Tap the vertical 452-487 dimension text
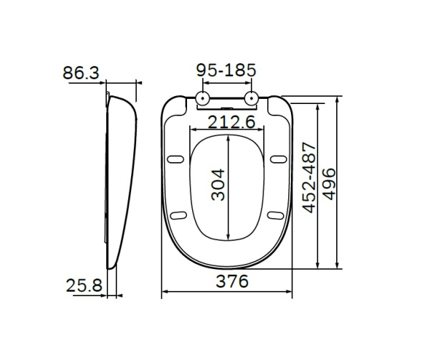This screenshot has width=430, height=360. [x=309, y=185]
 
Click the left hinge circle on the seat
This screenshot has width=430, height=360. [x=203, y=99]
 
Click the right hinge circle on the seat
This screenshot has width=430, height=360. [x=252, y=99]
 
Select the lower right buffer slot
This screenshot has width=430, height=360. [x=274, y=214]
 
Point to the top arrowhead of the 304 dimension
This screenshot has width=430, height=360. [x=228, y=136]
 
